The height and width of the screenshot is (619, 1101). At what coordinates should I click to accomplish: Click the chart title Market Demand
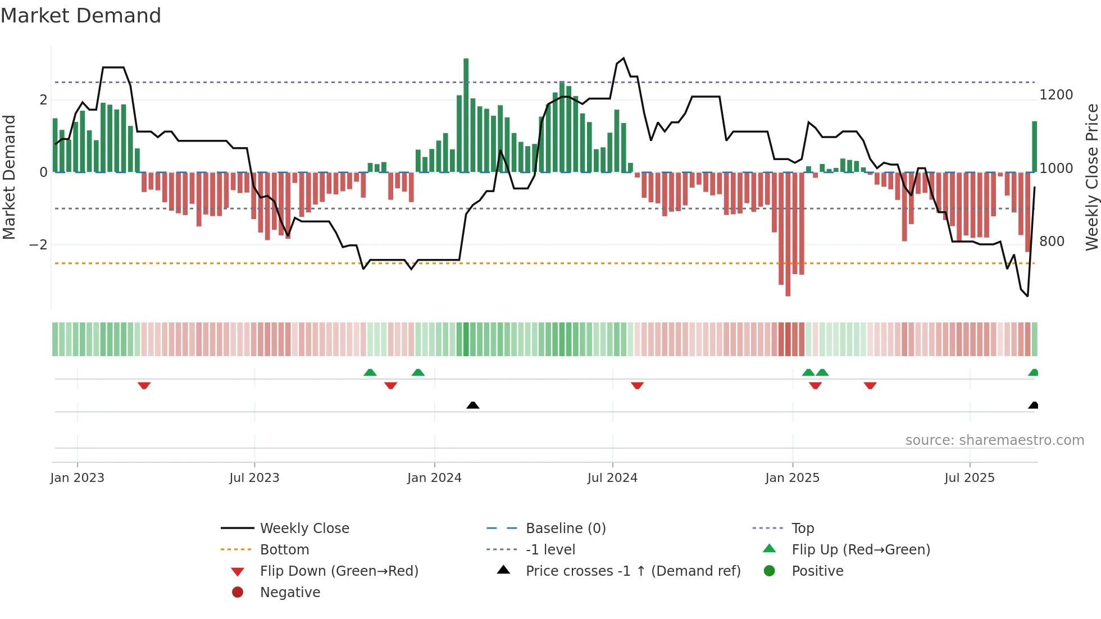point(81,16)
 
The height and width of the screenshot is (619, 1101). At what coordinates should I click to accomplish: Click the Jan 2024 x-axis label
point(434,478)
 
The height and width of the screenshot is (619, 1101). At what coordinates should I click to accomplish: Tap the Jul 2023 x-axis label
point(254,478)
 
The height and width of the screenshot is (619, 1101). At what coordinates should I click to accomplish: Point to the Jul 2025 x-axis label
point(970,478)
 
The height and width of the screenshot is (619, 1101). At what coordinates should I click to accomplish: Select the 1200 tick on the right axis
point(1056,95)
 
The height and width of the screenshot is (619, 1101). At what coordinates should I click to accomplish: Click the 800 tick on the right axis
point(1052,242)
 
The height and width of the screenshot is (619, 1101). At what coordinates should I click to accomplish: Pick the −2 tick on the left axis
point(38,245)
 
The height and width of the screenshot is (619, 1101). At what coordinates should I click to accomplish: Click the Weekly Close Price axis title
point(1091,177)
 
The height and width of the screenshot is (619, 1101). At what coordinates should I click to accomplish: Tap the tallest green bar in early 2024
point(466,115)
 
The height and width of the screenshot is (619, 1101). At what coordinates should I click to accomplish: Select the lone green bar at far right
point(1034,147)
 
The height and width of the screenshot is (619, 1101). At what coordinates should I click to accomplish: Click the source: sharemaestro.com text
point(994,440)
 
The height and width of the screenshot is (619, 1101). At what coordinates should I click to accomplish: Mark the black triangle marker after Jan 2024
point(473,405)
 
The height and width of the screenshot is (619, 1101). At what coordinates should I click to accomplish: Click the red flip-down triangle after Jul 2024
point(637,385)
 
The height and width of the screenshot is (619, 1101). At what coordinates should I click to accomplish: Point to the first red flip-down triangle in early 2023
point(144,385)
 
